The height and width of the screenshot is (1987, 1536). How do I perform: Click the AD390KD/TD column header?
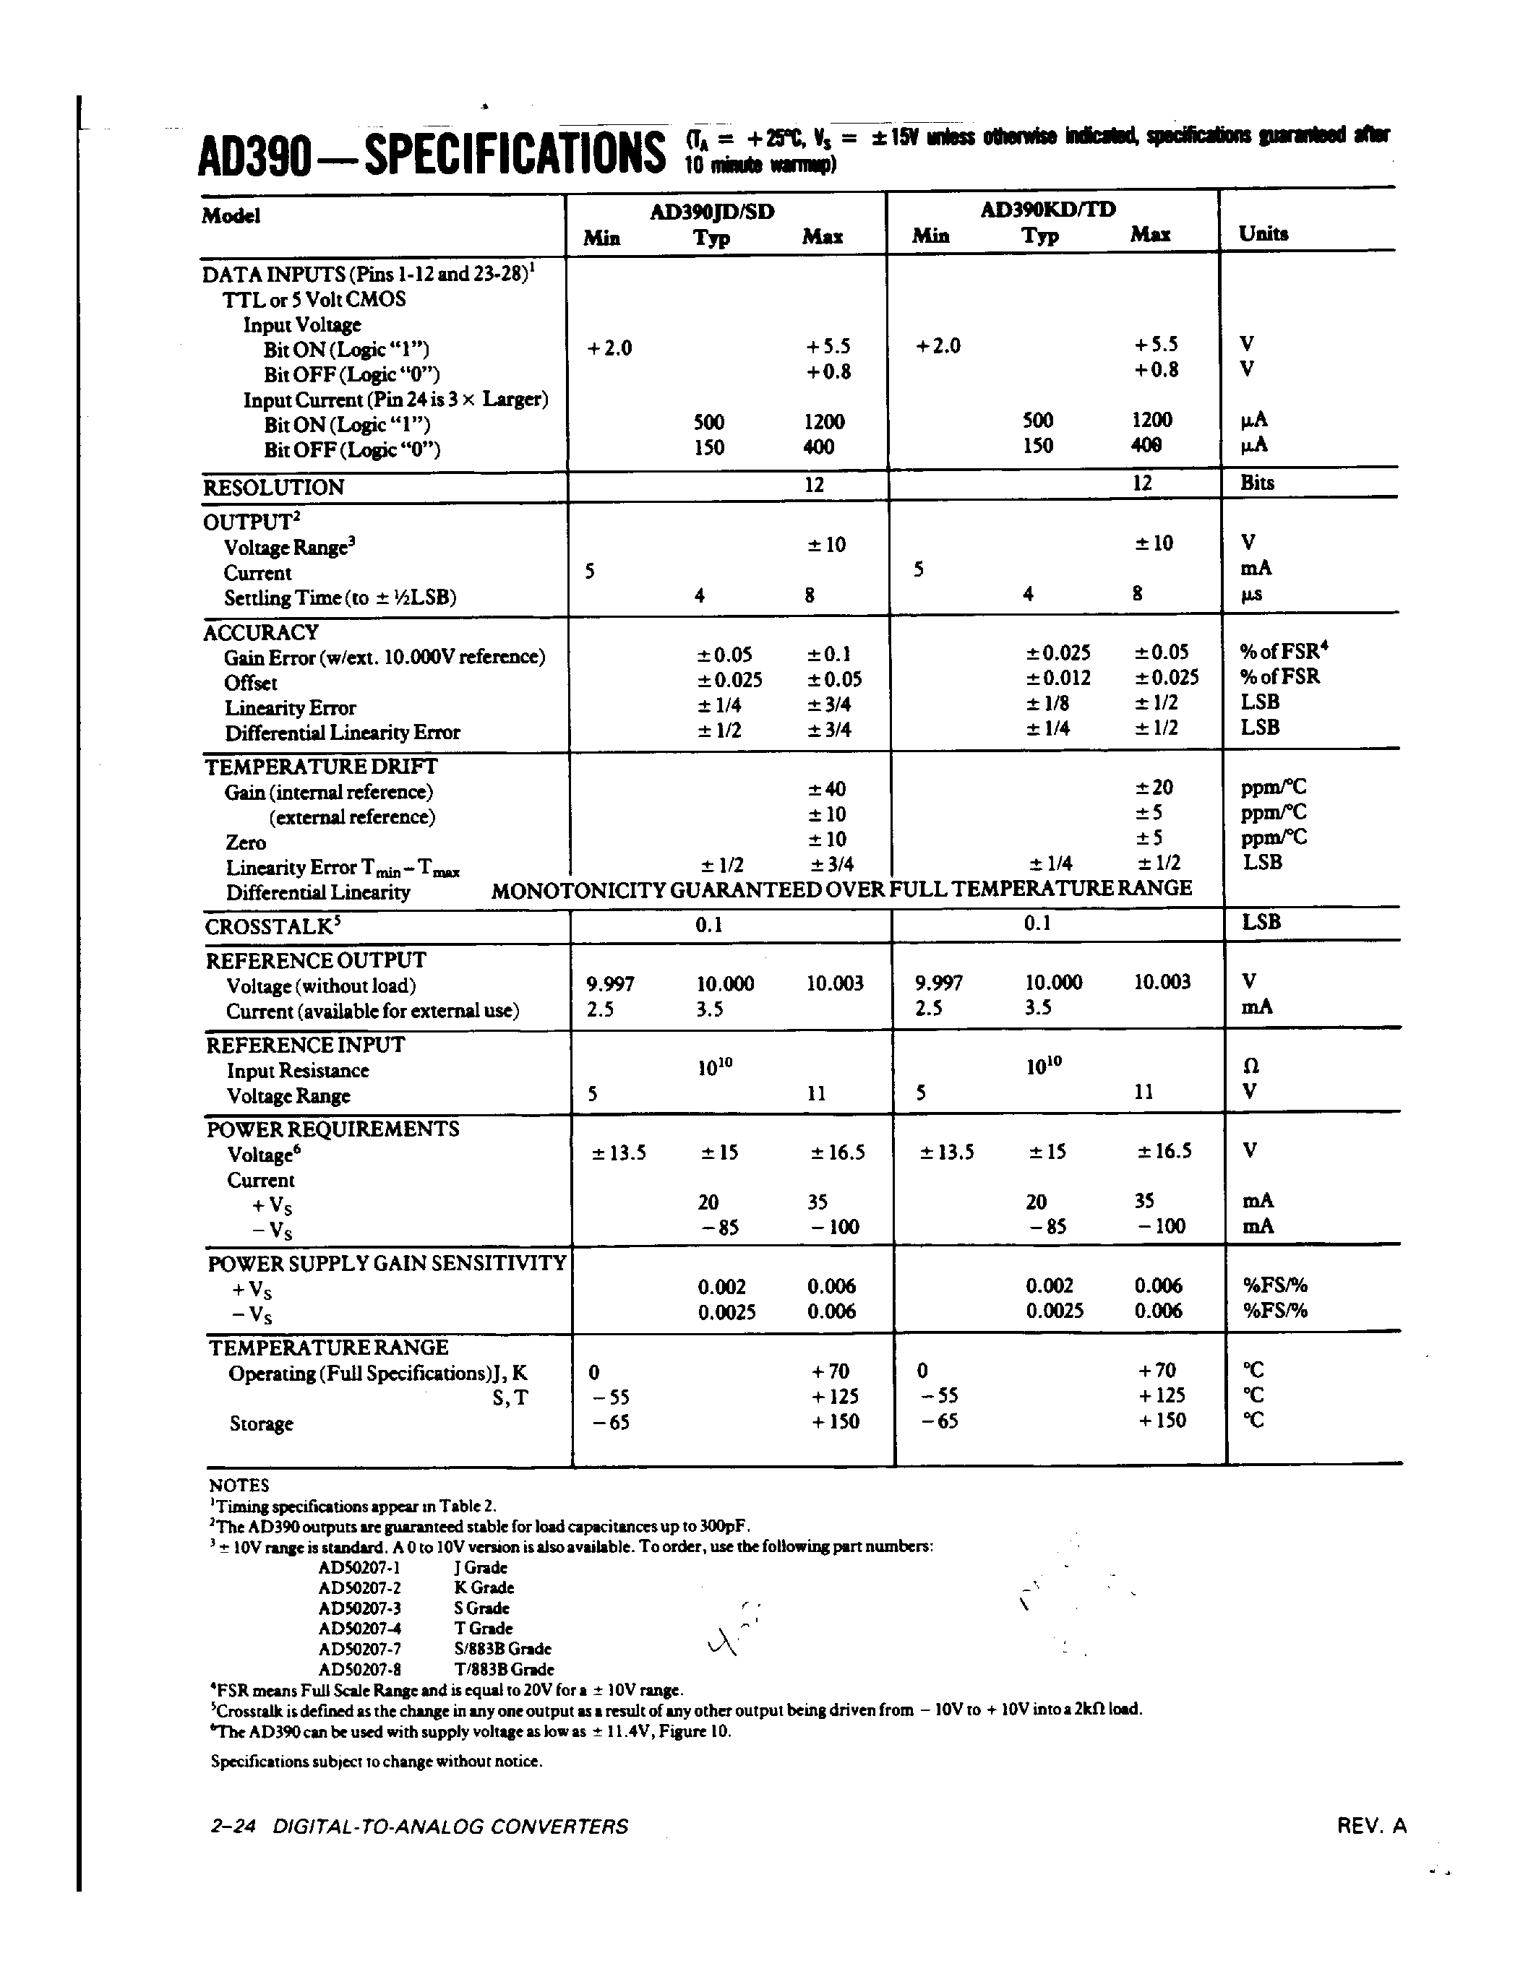pos(1047,210)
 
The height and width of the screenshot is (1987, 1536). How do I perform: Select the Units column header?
pos(1263,234)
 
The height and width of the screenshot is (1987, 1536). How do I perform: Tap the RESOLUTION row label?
pos(273,488)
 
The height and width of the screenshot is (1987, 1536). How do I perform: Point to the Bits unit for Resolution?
pos(1257,483)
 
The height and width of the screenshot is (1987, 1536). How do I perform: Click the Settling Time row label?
pos(340,598)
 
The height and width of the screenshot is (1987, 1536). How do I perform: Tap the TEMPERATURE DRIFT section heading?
pos(320,767)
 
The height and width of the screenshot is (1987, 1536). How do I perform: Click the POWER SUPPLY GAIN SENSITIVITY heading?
pos(387,1264)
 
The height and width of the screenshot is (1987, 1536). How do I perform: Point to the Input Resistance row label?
pos(298,1071)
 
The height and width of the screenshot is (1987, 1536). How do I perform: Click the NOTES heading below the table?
pos(239,1486)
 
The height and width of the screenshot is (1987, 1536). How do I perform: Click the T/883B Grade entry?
pos(503,1670)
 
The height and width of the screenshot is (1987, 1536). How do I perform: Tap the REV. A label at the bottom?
pos(1371,1826)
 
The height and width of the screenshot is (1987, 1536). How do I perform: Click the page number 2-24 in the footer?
pos(232,1827)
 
